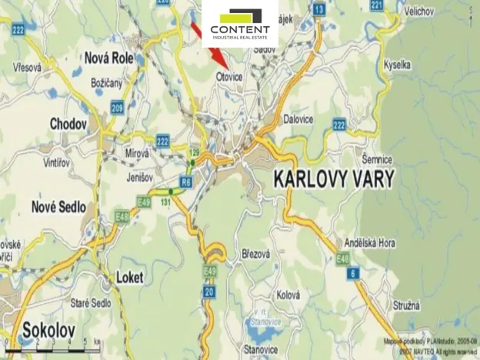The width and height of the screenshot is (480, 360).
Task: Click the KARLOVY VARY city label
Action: (334, 180)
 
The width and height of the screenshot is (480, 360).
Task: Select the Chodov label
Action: (68, 123)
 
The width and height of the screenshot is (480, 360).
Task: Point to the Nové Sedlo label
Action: (58, 206)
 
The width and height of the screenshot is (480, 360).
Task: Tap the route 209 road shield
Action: (117, 108)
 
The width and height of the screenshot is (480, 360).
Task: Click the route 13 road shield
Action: (318, 9)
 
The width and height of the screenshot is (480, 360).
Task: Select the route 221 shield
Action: (376, 5)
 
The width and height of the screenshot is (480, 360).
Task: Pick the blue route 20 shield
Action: (208, 291)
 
